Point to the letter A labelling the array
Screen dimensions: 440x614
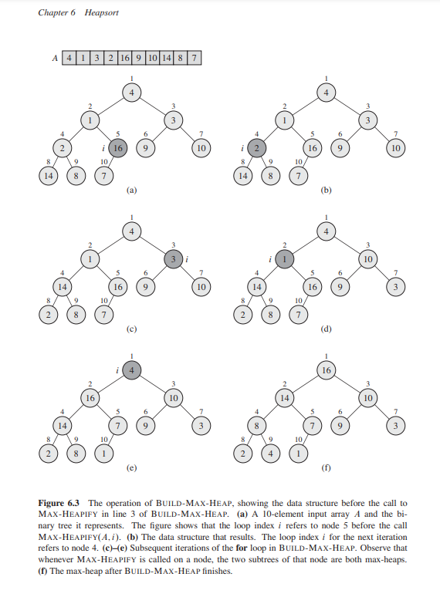point(54,58)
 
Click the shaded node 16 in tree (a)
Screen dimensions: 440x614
point(118,147)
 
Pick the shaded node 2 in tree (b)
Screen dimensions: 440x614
point(259,147)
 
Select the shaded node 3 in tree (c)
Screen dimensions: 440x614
point(174,261)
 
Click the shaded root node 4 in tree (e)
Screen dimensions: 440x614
point(132,371)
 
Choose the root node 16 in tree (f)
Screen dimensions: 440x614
point(327,371)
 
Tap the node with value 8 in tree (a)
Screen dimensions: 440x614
point(75,175)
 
